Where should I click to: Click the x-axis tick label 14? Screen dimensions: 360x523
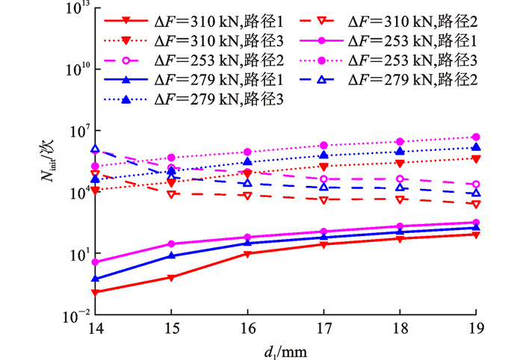click(x=95, y=329)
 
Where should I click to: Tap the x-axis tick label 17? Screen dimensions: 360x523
click(x=323, y=329)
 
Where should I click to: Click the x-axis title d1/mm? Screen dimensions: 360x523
click(x=285, y=349)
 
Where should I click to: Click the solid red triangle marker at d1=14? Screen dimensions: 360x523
click(x=95, y=292)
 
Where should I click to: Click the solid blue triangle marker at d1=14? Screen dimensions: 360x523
click(x=95, y=279)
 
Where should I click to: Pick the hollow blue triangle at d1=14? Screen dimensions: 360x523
click(x=95, y=149)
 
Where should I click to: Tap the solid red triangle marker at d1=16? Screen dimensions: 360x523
click(x=247, y=254)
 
